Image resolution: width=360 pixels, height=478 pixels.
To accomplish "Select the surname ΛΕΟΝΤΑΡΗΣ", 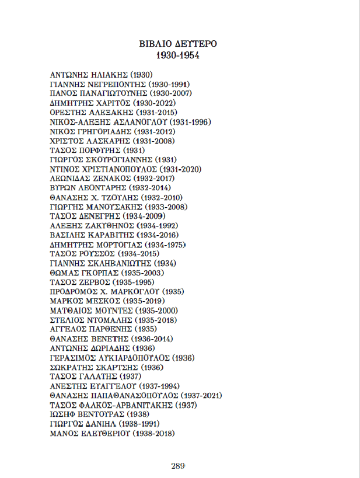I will pyautogui.click(x=102, y=188).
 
